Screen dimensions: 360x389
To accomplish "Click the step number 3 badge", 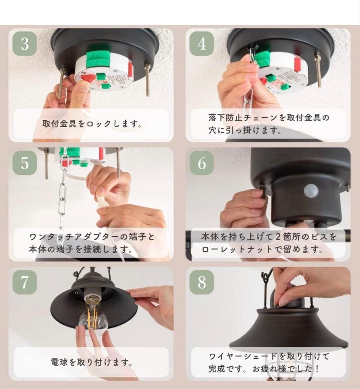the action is pyautogui.click(x=25, y=44).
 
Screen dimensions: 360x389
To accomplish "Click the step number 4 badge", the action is pyautogui.click(x=201, y=44).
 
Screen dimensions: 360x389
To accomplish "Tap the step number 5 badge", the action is pyautogui.click(x=25, y=163).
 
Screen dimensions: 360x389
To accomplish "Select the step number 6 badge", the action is pyautogui.click(x=201, y=163).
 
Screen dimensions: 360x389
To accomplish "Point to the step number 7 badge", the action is pyautogui.click(x=25, y=282).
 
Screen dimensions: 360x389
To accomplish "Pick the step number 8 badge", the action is pyautogui.click(x=201, y=282).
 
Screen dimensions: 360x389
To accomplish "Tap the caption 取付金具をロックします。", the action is pyautogui.click(x=92, y=124).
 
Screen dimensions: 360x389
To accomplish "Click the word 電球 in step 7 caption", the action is pyautogui.click(x=59, y=362).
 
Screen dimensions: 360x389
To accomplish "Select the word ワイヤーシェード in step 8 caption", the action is pyautogui.click(x=243, y=357).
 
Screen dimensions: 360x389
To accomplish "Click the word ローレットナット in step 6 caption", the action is pyautogui.click(x=237, y=249).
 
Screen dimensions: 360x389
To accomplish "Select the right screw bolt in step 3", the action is pyautogui.click(x=147, y=79).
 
